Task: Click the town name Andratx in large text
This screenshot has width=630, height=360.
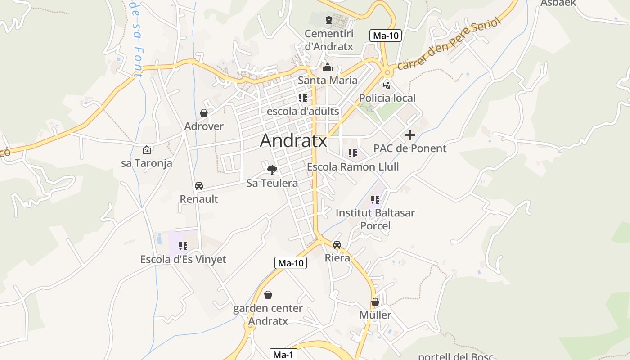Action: (293, 141)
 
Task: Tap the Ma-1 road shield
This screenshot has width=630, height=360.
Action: (283, 355)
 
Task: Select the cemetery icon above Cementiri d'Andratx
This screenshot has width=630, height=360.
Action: (329, 20)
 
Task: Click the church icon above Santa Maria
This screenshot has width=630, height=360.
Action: (328, 67)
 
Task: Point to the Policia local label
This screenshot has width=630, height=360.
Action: (387, 98)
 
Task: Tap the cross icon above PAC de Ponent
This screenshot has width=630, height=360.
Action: (409, 135)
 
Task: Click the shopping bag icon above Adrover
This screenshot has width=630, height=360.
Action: (204, 113)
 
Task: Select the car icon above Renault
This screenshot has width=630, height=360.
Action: (198, 185)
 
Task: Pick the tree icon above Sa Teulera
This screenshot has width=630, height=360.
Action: (272, 170)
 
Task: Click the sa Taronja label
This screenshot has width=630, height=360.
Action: (147, 163)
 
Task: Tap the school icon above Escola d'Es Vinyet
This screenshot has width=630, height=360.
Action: (183, 246)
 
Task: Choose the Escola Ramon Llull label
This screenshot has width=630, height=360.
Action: (353, 167)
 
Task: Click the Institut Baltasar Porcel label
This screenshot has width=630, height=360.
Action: (375, 219)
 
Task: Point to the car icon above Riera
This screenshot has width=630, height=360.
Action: (337, 245)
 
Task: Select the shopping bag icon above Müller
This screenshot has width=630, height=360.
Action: (375, 302)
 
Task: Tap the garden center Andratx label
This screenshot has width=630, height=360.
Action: (268, 315)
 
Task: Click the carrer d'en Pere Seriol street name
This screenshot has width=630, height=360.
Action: (449, 44)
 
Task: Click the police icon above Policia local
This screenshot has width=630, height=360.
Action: (387, 85)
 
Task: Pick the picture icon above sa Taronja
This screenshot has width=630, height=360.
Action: (146, 150)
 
